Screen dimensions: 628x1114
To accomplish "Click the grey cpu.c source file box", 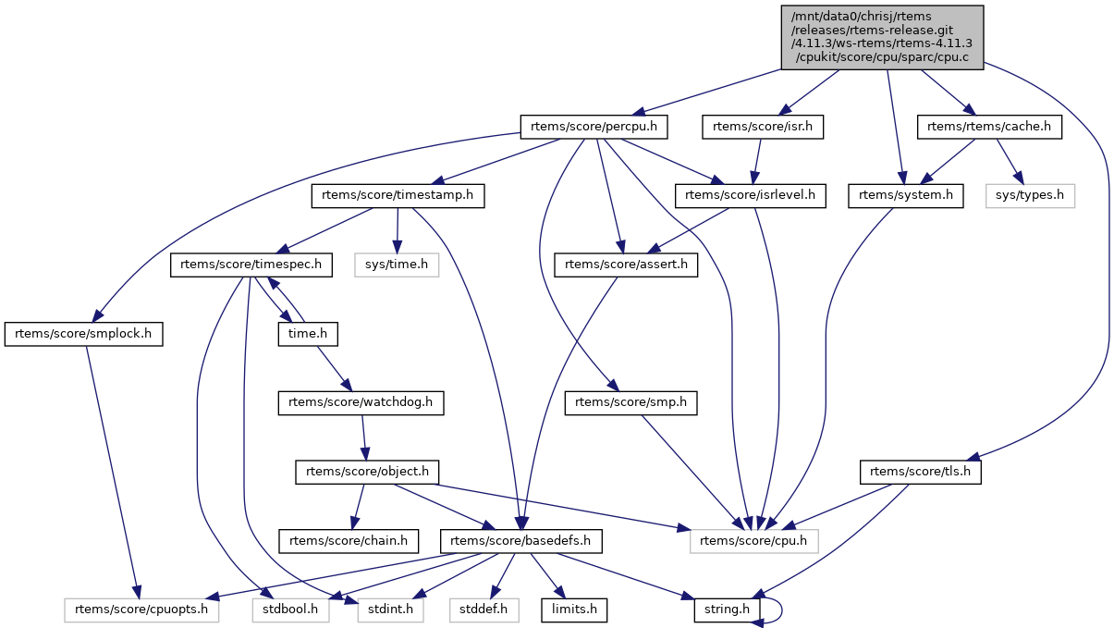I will (x=882, y=36).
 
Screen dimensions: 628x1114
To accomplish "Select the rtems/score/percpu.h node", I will (x=594, y=126).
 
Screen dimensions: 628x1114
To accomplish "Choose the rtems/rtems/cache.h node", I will (x=989, y=126).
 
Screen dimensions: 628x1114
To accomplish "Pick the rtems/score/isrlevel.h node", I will (x=752, y=195).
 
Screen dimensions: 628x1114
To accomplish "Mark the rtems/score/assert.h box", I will (x=627, y=265).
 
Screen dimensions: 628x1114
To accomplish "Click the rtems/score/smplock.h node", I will (x=83, y=334).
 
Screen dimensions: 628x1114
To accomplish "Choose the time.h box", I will (x=309, y=334).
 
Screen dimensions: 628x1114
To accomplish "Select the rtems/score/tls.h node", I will (x=921, y=472).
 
